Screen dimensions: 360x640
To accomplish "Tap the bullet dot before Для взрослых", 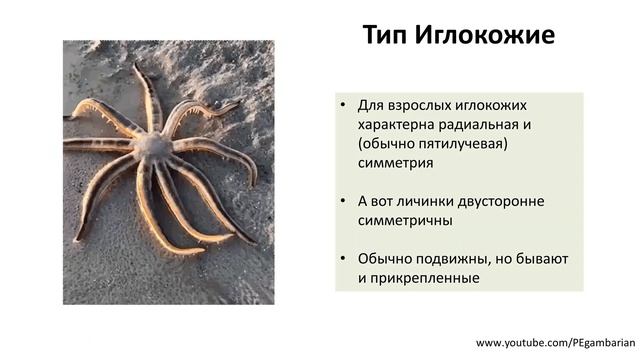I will [343, 106].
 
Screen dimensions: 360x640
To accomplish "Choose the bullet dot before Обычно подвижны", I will [343, 259].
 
